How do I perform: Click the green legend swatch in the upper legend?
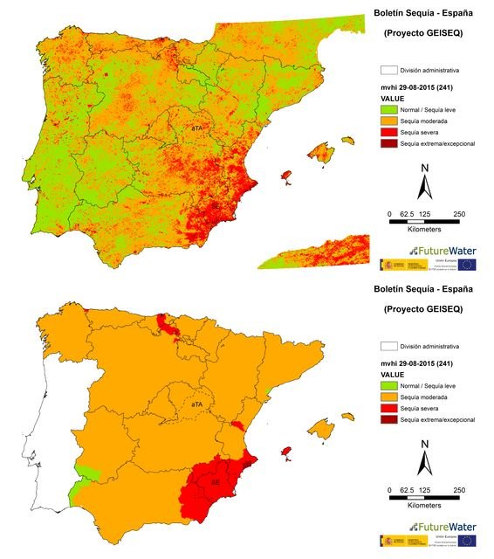point(388,111)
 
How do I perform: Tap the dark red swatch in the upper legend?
point(388,142)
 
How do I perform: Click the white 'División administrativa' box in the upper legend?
point(388,70)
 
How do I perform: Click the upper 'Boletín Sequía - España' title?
point(423,14)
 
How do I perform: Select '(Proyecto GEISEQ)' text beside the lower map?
point(423,309)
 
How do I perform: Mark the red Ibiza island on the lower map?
point(285,452)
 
